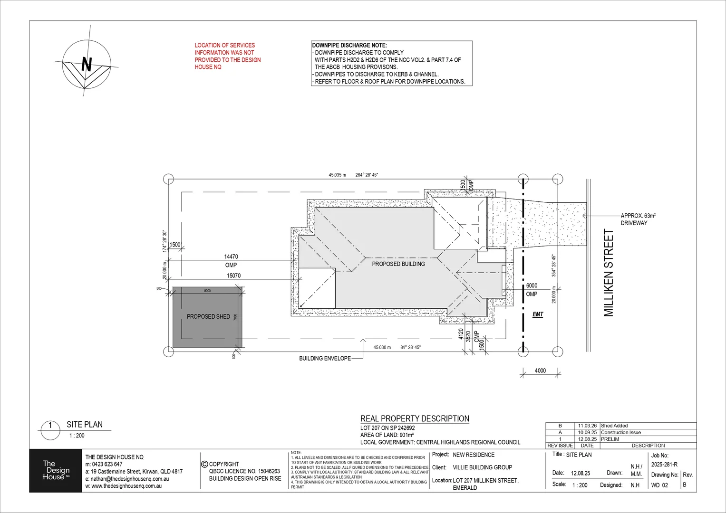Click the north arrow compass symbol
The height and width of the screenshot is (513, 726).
coord(87,64)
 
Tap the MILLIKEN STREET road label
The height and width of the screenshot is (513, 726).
coord(609,273)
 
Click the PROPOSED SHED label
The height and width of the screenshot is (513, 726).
coord(208,316)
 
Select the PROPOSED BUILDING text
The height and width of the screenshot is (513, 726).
coord(398,264)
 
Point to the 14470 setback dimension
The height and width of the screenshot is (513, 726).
coord(231,256)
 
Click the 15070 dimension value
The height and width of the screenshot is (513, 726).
coord(233,275)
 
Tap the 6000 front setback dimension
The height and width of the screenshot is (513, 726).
coord(532,285)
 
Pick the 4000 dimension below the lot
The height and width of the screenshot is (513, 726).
coord(540,370)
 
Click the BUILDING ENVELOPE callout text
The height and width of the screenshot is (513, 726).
coord(325,359)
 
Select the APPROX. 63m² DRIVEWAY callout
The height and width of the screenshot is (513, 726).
coord(638,219)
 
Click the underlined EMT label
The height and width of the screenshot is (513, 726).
coord(538,314)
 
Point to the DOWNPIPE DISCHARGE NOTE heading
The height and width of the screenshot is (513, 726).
coord(349,45)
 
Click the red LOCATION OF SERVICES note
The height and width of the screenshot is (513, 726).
coord(227,56)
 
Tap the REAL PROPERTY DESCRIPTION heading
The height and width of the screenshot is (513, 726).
coord(415,418)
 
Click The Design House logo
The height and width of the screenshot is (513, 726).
coord(56,470)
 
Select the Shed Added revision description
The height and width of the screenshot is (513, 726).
coord(614,426)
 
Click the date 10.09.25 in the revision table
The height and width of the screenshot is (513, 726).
coord(587,432)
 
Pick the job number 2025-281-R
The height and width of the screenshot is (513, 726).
coord(664,465)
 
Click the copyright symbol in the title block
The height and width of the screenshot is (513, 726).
coord(205,464)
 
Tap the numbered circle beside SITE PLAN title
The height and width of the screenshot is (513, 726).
coord(50,426)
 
